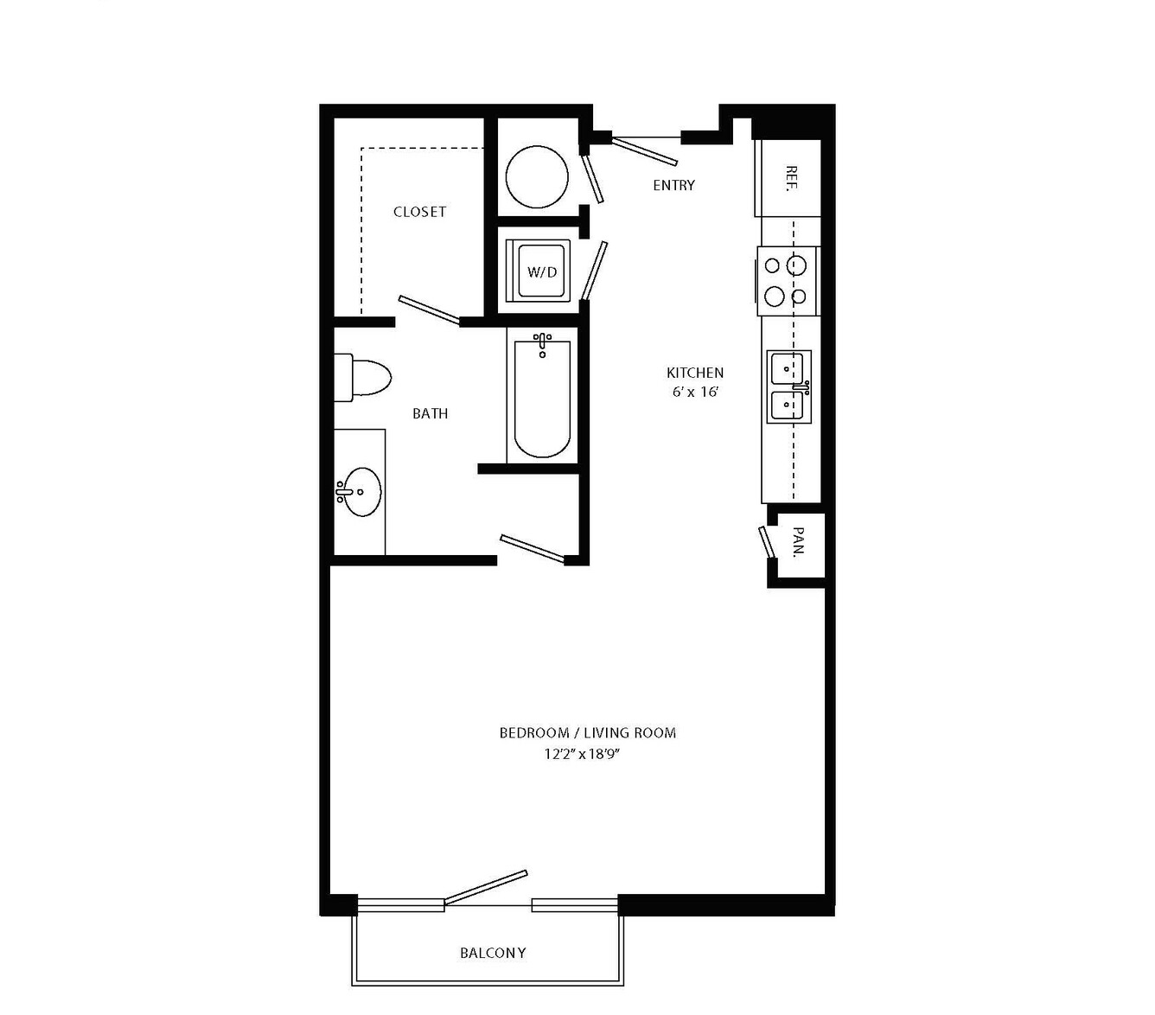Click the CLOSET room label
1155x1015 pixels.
(x=419, y=212)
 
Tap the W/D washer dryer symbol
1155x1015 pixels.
(x=538, y=271)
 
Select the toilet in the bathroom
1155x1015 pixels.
(x=362, y=378)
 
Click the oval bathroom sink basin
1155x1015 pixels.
(x=363, y=492)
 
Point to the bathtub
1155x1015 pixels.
(x=542, y=395)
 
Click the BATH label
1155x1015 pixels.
(x=430, y=413)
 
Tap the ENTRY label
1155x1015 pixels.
(x=673, y=185)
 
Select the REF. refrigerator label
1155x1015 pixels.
(x=791, y=178)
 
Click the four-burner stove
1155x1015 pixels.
(x=788, y=280)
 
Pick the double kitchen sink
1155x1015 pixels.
(x=788, y=386)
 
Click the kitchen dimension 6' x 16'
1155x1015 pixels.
(x=695, y=392)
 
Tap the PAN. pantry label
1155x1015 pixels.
(x=799, y=541)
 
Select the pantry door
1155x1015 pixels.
(x=766, y=542)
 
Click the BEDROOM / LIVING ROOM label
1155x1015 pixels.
(x=588, y=733)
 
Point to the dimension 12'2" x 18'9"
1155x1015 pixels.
(x=582, y=755)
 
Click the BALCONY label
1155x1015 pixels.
(x=493, y=953)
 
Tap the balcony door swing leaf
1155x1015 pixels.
(x=486, y=887)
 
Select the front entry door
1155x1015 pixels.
(x=644, y=150)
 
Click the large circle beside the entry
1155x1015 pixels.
(x=537, y=176)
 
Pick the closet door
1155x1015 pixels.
(x=430, y=310)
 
